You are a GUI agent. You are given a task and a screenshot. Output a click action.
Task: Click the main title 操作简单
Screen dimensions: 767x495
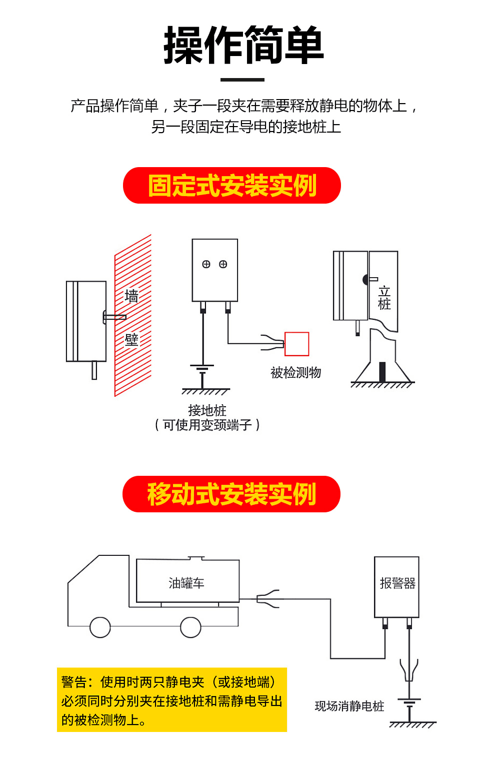coord(243,46)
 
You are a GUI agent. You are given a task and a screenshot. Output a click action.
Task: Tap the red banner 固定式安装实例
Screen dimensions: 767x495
coord(231,186)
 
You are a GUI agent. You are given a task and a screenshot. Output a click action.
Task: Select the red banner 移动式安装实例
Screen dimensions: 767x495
coord(231,494)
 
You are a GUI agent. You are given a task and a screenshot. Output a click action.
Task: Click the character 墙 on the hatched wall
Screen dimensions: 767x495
coord(131,296)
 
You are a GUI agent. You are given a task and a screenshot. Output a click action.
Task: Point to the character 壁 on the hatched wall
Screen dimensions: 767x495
coord(131,340)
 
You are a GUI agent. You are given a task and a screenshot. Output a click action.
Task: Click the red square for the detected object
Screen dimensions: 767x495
coord(296,344)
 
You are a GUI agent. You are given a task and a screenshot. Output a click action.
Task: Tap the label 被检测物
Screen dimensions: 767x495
coord(295,372)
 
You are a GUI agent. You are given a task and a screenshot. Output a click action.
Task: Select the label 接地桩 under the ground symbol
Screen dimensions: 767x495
coord(207,410)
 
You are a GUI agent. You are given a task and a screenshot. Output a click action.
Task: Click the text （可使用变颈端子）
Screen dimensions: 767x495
coord(207,425)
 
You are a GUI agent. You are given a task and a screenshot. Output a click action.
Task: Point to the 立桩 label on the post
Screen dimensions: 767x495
coord(384,298)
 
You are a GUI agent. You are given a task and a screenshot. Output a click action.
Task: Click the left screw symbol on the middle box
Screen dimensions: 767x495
coord(206,264)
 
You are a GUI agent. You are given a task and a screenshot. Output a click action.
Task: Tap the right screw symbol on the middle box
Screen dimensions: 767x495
coord(223,264)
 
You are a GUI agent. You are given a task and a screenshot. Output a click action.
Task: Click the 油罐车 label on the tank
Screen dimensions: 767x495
coord(186,583)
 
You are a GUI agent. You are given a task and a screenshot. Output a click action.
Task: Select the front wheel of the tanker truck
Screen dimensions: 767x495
coord(100,627)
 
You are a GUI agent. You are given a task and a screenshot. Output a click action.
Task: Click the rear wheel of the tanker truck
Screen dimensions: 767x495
coord(190,627)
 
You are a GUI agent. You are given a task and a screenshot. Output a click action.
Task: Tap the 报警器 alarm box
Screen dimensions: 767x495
coord(397,586)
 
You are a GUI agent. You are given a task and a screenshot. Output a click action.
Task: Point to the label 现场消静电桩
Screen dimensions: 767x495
coord(349,706)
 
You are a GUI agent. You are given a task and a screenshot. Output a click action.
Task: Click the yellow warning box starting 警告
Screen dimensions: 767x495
coord(171,700)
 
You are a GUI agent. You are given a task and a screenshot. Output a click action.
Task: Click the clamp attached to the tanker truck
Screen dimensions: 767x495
coord(267,599)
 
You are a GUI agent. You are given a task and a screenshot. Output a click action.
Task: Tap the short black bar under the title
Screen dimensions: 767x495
coord(242,80)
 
